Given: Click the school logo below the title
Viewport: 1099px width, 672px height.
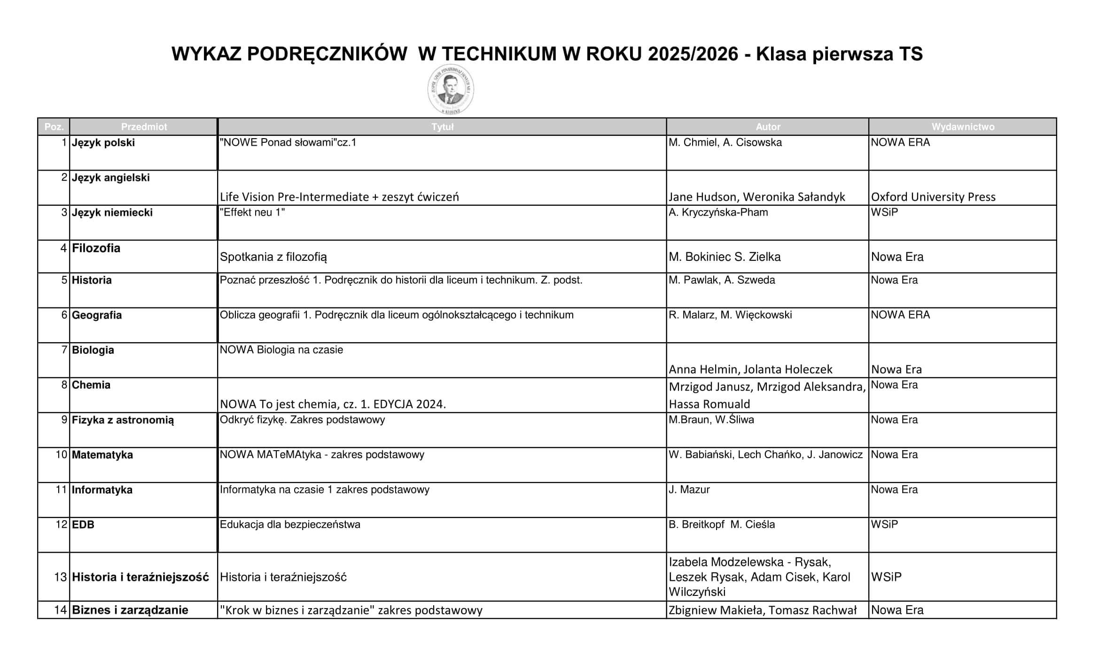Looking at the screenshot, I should click(451, 89).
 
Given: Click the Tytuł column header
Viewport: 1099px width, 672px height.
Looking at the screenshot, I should click(442, 127).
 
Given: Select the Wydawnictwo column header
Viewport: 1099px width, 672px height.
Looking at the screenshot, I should click(963, 127).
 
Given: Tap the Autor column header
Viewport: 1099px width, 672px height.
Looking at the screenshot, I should click(768, 127).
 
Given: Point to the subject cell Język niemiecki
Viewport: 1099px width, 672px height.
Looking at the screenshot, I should click(112, 212).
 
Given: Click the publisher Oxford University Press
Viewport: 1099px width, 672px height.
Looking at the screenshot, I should click(933, 197).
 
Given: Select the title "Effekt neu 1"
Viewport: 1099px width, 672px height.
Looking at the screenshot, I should click(252, 212).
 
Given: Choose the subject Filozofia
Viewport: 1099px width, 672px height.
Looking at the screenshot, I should click(96, 248).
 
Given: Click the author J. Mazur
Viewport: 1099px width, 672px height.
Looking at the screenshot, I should click(689, 490).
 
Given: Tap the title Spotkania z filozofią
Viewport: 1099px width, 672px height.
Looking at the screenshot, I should click(273, 257).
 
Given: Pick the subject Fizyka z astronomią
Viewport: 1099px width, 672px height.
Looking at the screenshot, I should click(123, 420).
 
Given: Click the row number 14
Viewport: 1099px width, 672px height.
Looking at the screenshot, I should click(61, 610).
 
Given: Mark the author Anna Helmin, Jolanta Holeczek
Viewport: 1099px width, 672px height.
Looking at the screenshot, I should click(750, 369).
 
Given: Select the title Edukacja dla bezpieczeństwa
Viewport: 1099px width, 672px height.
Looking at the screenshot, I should click(290, 524).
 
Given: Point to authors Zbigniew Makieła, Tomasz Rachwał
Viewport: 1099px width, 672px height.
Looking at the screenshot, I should click(763, 610).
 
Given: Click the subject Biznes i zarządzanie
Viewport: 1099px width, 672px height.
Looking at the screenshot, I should click(130, 610).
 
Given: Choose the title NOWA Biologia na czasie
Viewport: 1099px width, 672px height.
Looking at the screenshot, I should click(281, 350).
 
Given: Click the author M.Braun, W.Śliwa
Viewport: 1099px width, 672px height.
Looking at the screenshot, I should click(711, 420).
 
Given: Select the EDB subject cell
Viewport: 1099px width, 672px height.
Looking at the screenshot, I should click(83, 524).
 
